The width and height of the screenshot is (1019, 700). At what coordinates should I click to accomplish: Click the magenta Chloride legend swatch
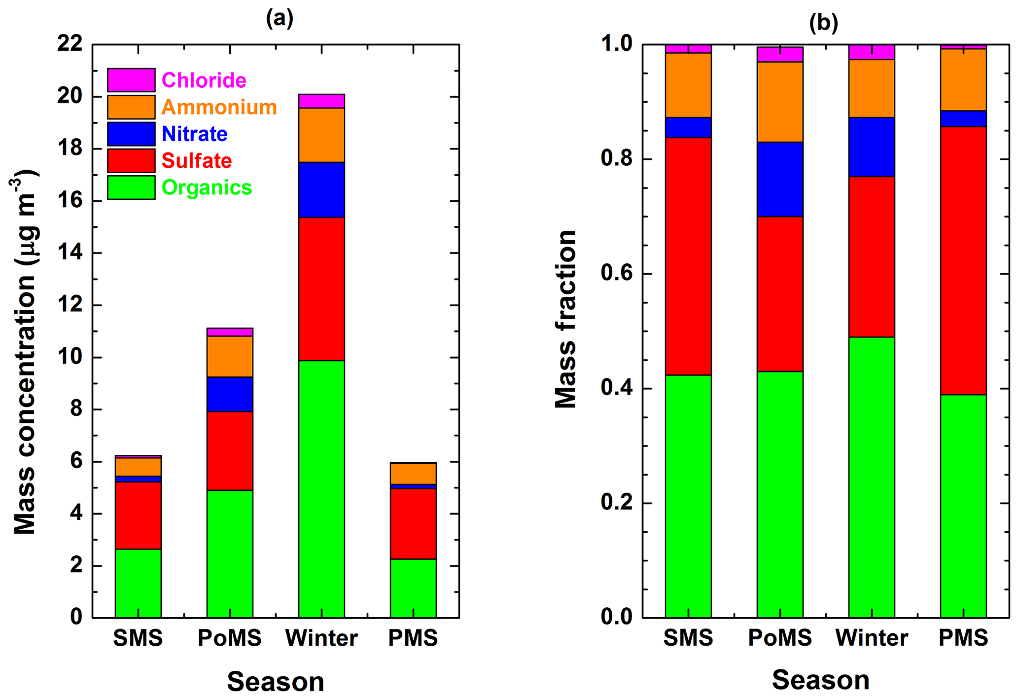[x=131, y=80]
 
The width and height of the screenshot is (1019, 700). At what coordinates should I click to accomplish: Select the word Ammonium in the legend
[x=219, y=107]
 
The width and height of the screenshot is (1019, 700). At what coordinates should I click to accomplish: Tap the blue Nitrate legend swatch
[x=131, y=134]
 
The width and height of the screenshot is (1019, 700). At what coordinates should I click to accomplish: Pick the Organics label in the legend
[x=207, y=187]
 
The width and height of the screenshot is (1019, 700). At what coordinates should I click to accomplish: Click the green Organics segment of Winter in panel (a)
[x=321, y=488]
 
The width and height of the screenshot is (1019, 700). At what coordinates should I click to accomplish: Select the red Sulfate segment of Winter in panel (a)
[x=321, y=289]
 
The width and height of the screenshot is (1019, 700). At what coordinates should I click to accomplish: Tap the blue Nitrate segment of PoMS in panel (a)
[x=230, y=394]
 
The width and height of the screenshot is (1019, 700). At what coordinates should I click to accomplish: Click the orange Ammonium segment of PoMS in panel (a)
[x=230, y=356]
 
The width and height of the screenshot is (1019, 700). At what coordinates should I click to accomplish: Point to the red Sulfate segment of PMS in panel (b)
[x=963, y=260]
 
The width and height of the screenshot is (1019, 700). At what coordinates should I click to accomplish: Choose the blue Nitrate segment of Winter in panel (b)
[x=872, y=147]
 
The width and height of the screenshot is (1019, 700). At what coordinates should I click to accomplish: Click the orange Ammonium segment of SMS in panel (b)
[x=688, y=85]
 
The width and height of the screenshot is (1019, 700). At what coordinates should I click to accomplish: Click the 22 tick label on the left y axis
[x=70, y=44]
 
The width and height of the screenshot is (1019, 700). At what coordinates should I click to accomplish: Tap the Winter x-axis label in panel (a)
[x=321, y=638]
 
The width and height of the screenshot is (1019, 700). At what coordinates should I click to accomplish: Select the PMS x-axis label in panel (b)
[x=963, y=637]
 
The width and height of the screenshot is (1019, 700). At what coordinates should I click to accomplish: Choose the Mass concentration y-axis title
[x=25, y=353]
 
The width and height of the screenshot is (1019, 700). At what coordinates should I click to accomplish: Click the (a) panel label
[x=280, y=18]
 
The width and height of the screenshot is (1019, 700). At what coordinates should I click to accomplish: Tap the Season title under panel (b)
[x=820, y=680]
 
